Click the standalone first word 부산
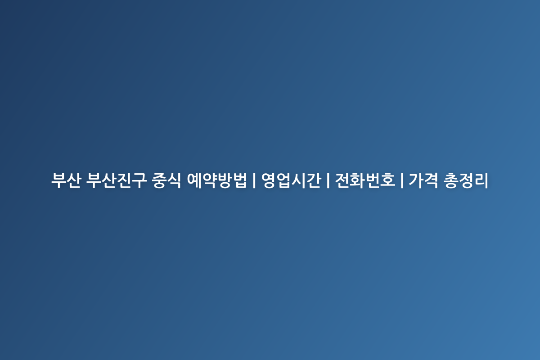(66, 180)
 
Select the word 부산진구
(116, 180)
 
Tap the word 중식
(166, 180)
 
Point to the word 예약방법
(217, 180)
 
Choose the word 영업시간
(291, 180)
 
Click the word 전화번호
(365, 180)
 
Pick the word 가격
(423, 180)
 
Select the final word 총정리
(466, 180)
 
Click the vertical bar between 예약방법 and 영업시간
(254, 180)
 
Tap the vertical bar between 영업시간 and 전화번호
(328, 180)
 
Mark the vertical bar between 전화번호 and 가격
(402, 180)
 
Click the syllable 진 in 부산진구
(124, 180)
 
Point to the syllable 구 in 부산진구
(139, 180)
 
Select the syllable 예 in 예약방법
(194, 180)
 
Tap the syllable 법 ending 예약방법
(240, 180)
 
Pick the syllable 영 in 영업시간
(269, 180)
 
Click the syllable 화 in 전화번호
(358, 180)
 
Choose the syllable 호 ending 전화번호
(388, 180)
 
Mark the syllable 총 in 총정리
(451, 180)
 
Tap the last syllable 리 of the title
(481, 180)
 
